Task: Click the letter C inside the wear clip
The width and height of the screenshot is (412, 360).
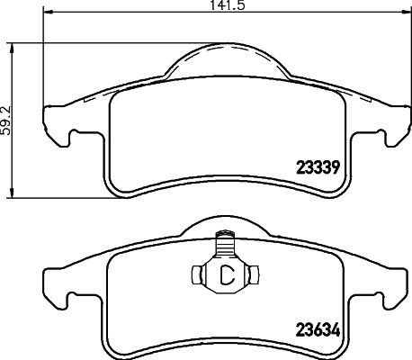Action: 228,275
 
